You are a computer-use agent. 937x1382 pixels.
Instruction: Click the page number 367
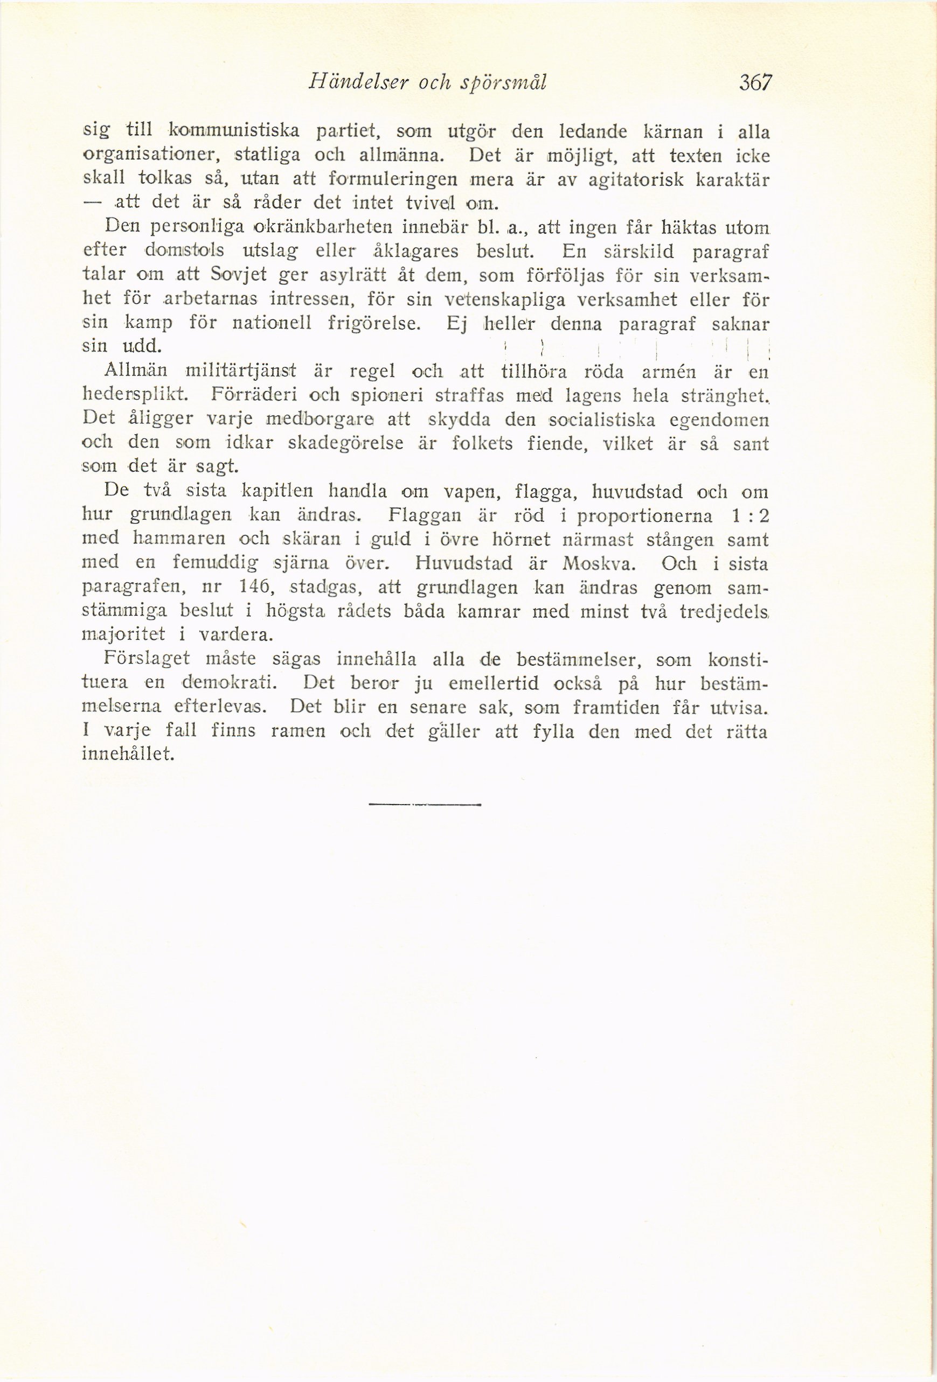(x=755, y=82)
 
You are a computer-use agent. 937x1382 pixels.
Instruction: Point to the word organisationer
(x=149, y=156)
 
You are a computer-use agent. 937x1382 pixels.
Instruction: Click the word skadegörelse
(x=345, y=444)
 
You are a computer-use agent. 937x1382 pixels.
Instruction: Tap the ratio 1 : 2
(x=751, y=516)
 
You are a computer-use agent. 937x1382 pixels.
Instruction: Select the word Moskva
(x=600, y=563)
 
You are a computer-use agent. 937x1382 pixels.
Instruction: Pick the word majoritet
(x=123, y=635)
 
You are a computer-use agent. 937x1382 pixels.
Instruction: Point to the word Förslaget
(x=147, y=659)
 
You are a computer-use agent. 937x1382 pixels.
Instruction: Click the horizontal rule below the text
(x=424, y=805)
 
